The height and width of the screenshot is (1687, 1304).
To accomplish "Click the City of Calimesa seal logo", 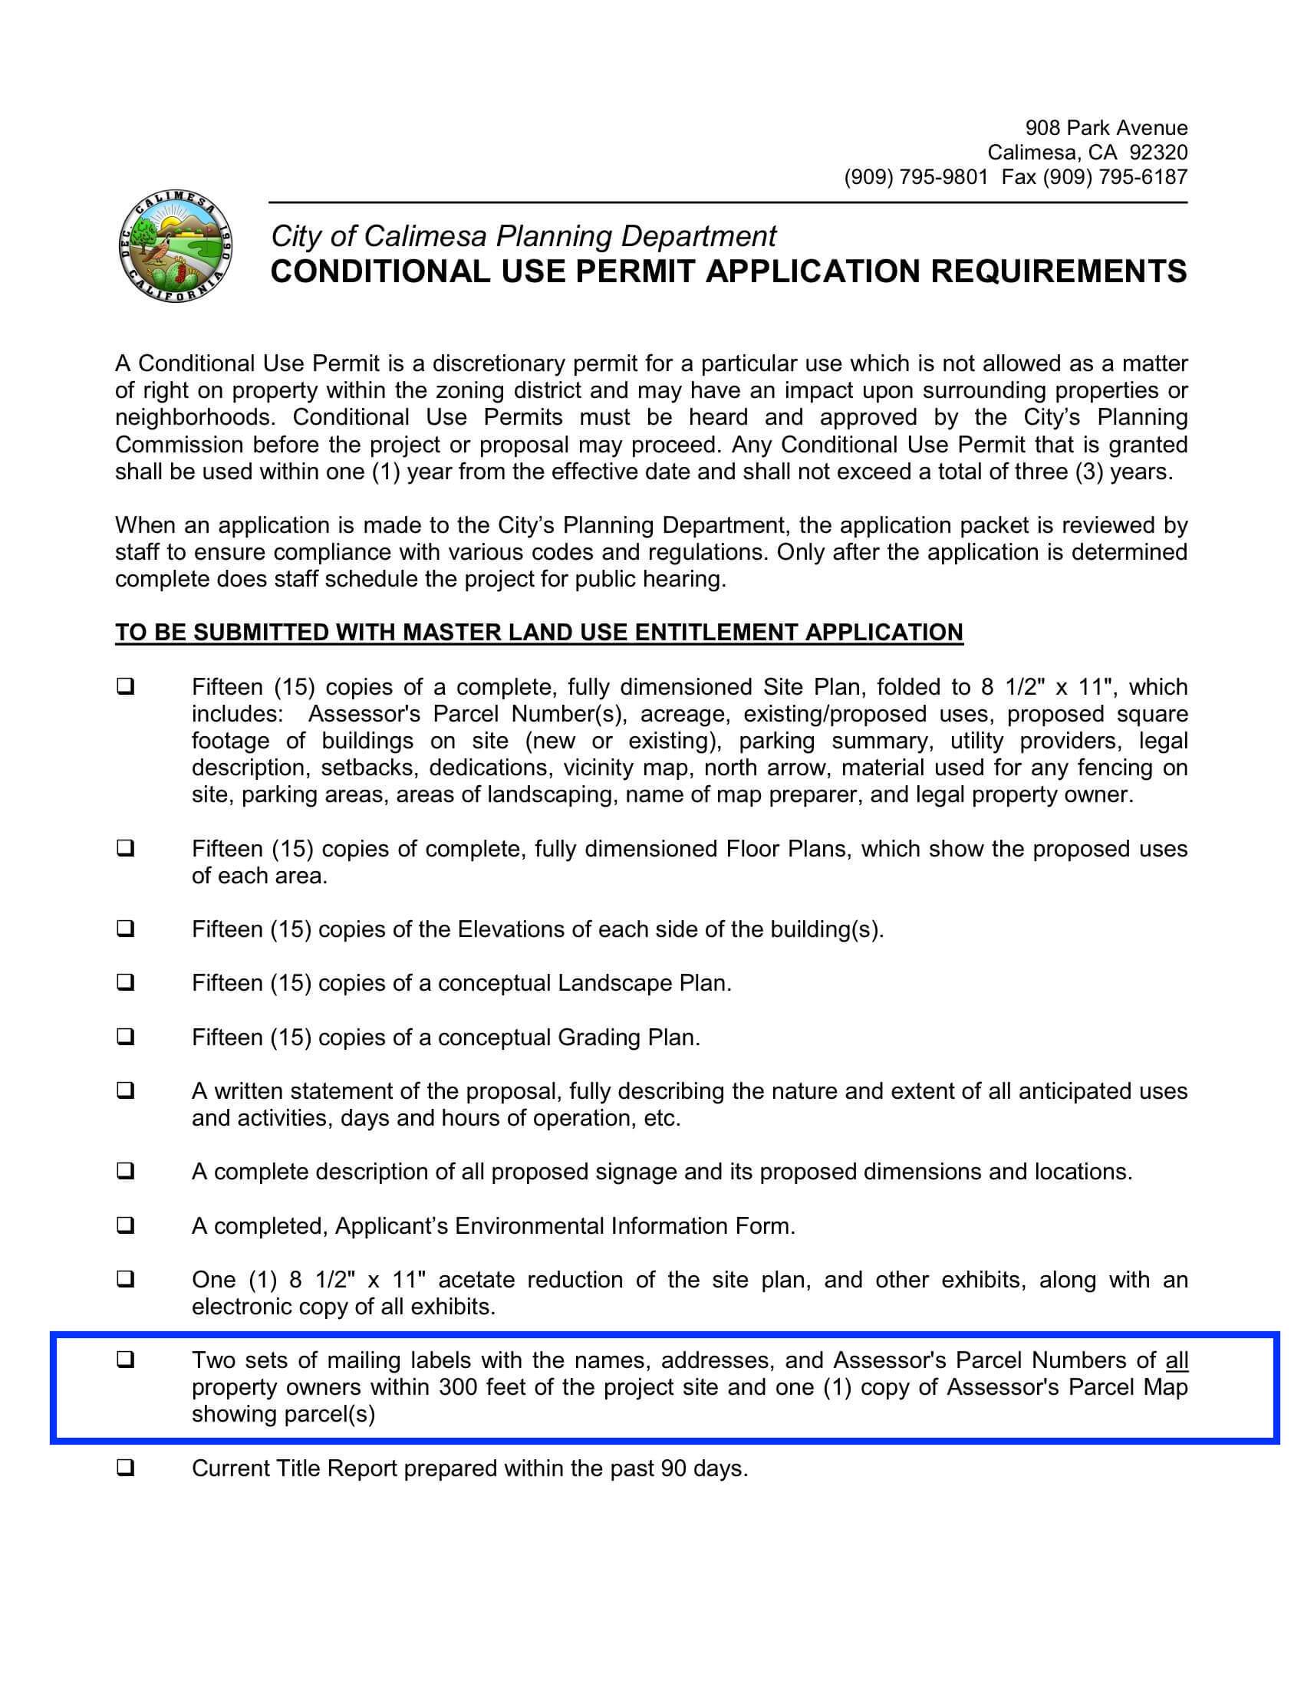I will coord(176,248).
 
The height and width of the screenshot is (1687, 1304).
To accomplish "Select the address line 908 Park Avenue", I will coord(1105,127).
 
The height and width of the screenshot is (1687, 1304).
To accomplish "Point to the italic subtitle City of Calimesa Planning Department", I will coord(523,235).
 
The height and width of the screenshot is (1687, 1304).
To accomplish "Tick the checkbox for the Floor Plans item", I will coord(125,848).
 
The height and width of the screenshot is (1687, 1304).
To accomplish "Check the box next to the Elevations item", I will coord(125,929).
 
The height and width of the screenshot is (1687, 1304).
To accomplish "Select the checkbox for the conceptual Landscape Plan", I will coord(125,982).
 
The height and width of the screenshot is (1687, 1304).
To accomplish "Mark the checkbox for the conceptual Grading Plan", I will coord(125,1037).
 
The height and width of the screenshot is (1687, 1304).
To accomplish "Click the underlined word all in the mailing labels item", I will coord(1176,1360).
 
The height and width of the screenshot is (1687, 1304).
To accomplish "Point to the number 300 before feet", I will coord(458,1387).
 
